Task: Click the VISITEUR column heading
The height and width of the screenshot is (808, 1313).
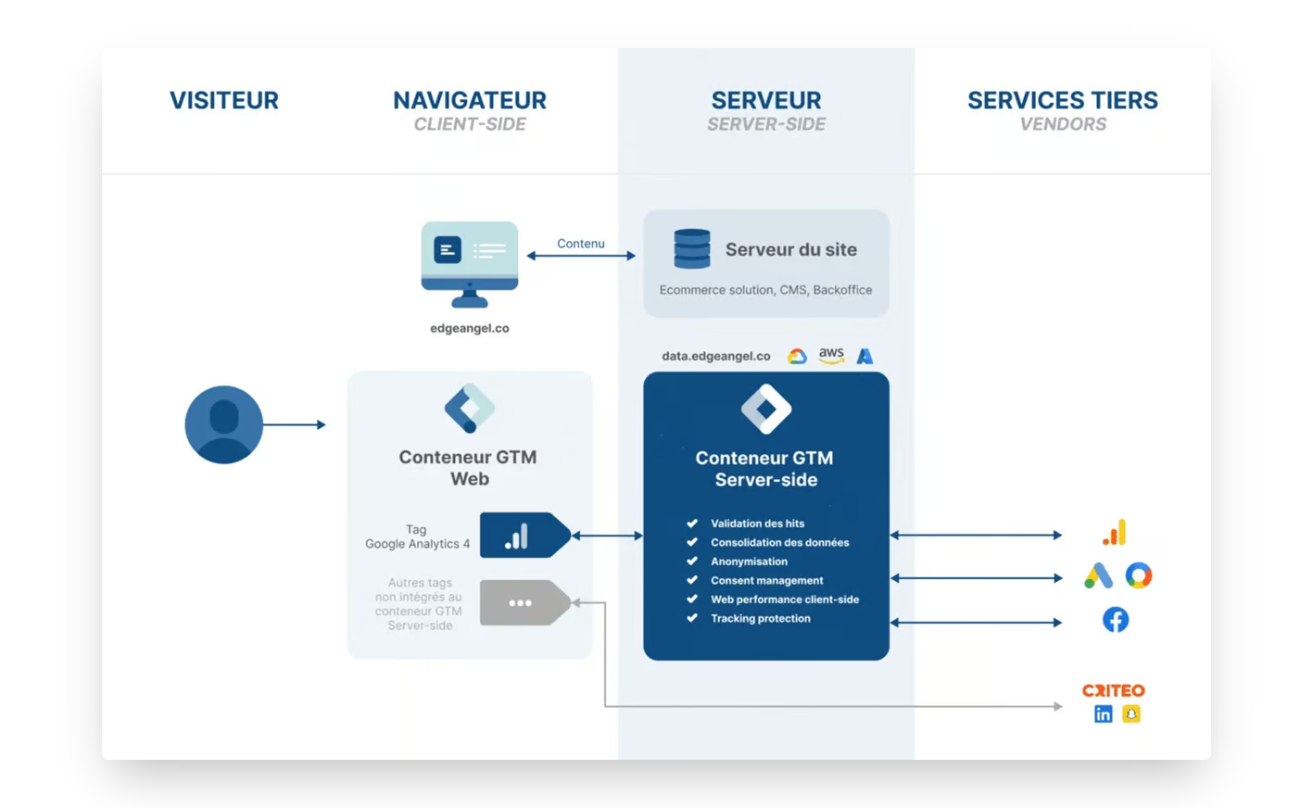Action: pos(224,100)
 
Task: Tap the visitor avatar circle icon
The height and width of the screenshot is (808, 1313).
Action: pos(224,424)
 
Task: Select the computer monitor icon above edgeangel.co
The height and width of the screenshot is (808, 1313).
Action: pos(469,262)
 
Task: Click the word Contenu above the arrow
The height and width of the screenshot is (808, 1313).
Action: pos(581,244)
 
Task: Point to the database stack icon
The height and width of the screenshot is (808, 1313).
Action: pos(692,249)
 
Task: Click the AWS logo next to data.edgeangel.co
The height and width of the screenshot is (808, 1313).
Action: pos(831,356)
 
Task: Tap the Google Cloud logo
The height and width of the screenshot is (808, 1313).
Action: pos(797,357)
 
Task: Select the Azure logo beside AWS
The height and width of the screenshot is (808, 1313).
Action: pos(865,356)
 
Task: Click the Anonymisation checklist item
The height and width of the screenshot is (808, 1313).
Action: pos(749,562)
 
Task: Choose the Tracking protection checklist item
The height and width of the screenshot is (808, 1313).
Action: pos(760,618)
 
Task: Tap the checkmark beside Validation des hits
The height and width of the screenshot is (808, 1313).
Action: pos(692,524)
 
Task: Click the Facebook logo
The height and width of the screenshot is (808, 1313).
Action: pos(1116,620)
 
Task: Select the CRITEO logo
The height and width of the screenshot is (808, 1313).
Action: pos(1114,690)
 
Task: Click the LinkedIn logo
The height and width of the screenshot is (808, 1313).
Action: pos(1103,713)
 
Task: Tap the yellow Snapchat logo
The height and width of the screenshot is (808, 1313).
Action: pos(1131,713)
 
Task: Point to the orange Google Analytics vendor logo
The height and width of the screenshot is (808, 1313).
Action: pos(1115,533)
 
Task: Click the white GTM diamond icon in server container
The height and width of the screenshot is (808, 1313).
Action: pos(766,409)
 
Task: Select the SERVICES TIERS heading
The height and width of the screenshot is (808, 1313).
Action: pos(1063,100)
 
